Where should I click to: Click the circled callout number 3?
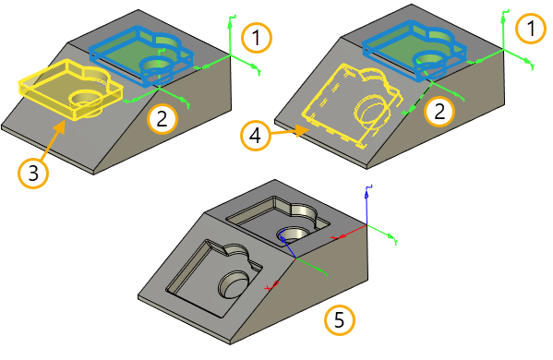tap(33, 174)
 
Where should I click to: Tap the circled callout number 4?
tap(256, 136)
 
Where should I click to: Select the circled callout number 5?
tap(339, 320)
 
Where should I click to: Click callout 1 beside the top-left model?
tap(257, 38)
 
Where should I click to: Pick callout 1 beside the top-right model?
tap(531, 29)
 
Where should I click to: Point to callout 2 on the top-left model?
tap(162, 119)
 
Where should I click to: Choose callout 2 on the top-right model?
tap(439, 112)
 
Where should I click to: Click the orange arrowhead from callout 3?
tap(60, 126)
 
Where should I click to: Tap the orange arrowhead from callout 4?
tap(302, 131)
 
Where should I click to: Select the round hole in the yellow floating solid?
tap(85, 99)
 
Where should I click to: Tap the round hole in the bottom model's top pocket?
tap(294, 234)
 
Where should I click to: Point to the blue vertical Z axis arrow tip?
tap(367, 193)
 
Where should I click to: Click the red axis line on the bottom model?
tap(349, 232)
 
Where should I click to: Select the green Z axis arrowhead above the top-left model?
tap(230, 25)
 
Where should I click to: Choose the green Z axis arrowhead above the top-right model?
tap(503, 18)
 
